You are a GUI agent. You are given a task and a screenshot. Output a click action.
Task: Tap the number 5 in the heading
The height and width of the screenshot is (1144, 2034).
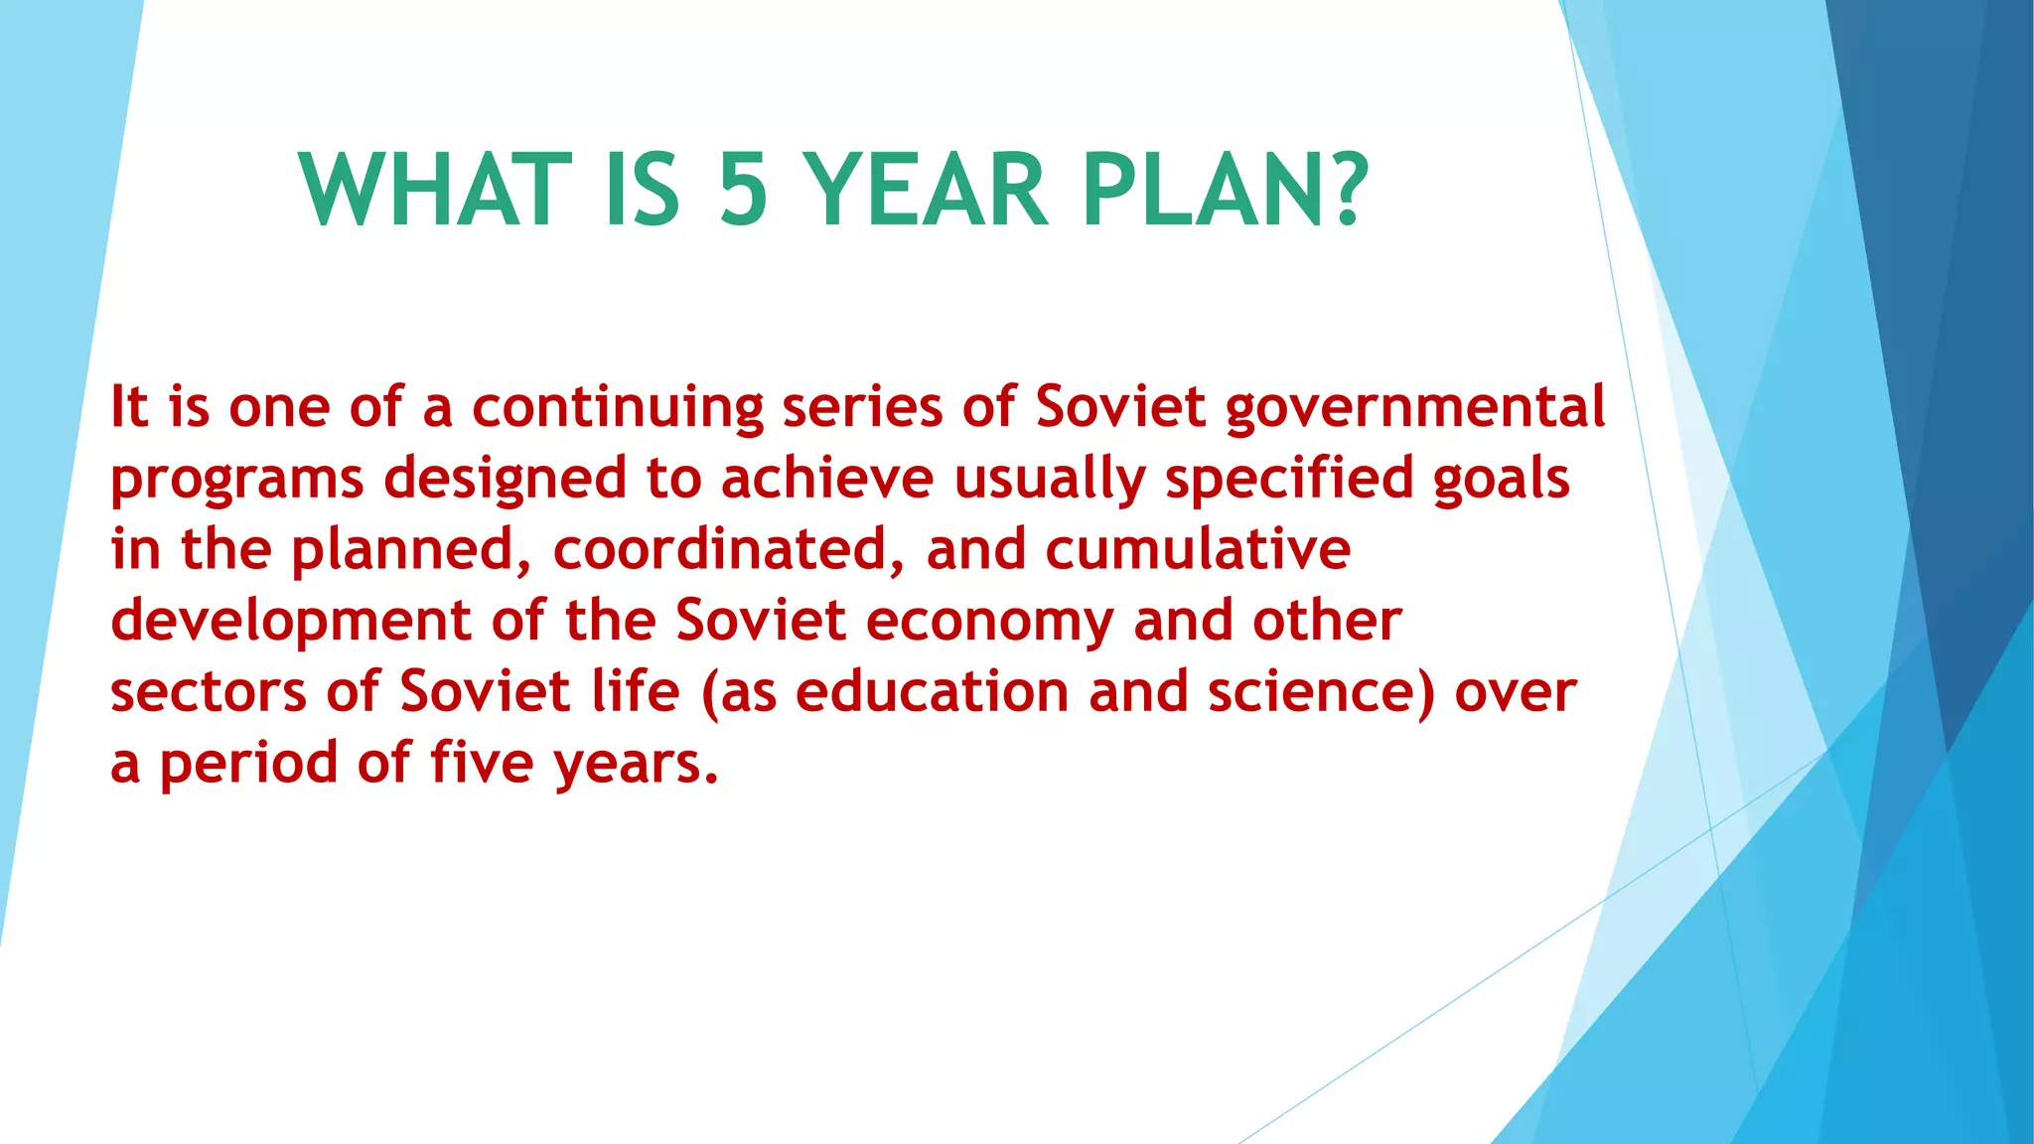pyautogui.click(x=744, y=191)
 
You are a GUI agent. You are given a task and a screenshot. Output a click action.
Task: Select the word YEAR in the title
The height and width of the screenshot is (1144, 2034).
pyautogui.click(x=925, y=191)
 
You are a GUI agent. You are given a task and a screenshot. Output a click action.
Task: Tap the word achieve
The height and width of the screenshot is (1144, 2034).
pyautogui.click(x=827, y=479)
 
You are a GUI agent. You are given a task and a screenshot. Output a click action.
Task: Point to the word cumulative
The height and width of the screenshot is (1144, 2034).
pyautogui.click(x=1198, y=549)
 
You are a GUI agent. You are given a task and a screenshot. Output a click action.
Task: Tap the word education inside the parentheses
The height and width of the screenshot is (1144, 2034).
pyautogui.click(x=932, y=692)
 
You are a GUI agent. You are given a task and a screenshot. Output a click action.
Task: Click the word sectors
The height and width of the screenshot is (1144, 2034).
pyautogui.click(x=209, y=693)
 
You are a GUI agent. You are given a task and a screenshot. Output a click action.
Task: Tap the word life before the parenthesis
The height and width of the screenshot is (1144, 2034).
pyautogui.click(x=636, y=692)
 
